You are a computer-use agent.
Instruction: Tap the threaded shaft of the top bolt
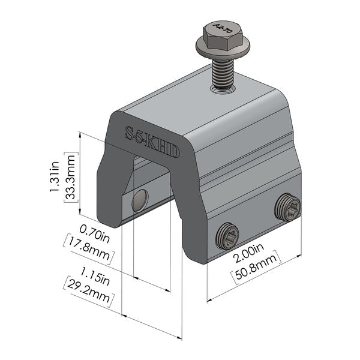tap(221, 72)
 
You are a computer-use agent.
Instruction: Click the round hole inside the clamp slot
tap(140, 200)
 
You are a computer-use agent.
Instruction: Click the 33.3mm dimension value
tap(71, 178)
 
